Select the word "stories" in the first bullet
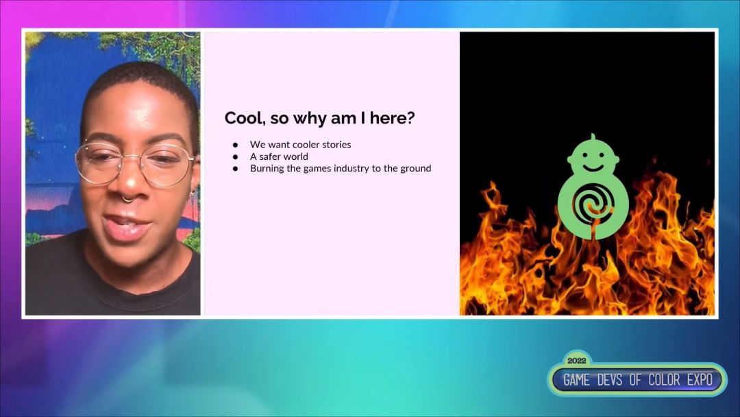pyautogui.click(x=336, y=145)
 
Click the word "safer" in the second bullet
pyautogui.click(x=271, y=156)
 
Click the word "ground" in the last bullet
pyautogui.click(x=416, y=169)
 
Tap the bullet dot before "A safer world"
pyautogui.click(x=236, y=157)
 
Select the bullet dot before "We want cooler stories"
pyautogui.click(x=236, y=145)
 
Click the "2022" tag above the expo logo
pyautogui.click(x=577, y=361)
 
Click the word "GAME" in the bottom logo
pyautogui.click(x=577, y=380)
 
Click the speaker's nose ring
pyautogui.click(x=127, y=199)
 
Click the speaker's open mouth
pyautogui.click(x=125, y=225)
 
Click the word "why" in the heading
pyautogui.click(x=310, y=119)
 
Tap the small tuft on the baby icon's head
pyautogui.click(x=593, y=137)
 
